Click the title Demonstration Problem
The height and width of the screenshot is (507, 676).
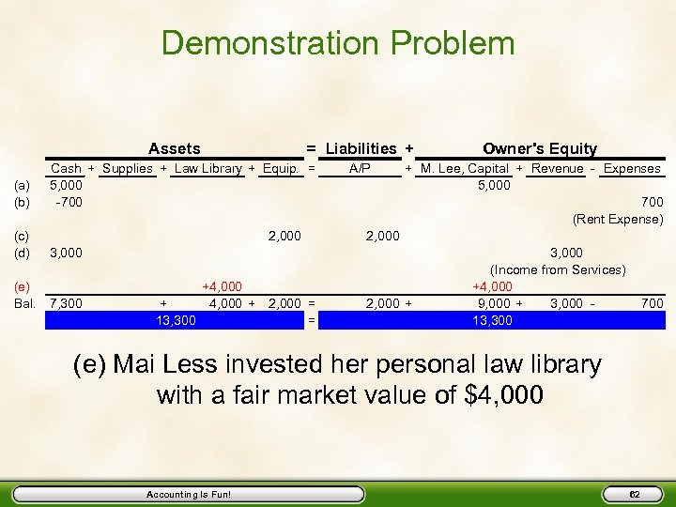coord(338,43)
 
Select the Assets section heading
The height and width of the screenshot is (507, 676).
coord(175,148)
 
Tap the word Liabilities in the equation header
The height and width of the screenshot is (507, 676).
coord(361,148)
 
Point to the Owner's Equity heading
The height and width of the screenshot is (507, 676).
coord(539,148)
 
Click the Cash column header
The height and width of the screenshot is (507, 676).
coord(66,169)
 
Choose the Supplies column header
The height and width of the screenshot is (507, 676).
coord(128,169)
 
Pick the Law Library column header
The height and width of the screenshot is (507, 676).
coord(208,169)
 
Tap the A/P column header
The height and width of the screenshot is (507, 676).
coord(360,169)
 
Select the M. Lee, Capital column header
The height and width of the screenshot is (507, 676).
coord(465,169)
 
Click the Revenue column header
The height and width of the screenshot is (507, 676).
coord(558,169)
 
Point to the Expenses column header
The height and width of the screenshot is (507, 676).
coord(632,169)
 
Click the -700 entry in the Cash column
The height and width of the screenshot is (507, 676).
coord(67,202)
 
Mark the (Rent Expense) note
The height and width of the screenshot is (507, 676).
coord(618,219)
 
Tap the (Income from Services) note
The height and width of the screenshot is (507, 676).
coord(558,269)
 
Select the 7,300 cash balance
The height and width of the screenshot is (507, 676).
coord(66,303)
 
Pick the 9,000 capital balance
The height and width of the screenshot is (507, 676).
coord(494,303)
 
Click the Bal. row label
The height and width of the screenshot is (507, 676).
coord(24,303)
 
